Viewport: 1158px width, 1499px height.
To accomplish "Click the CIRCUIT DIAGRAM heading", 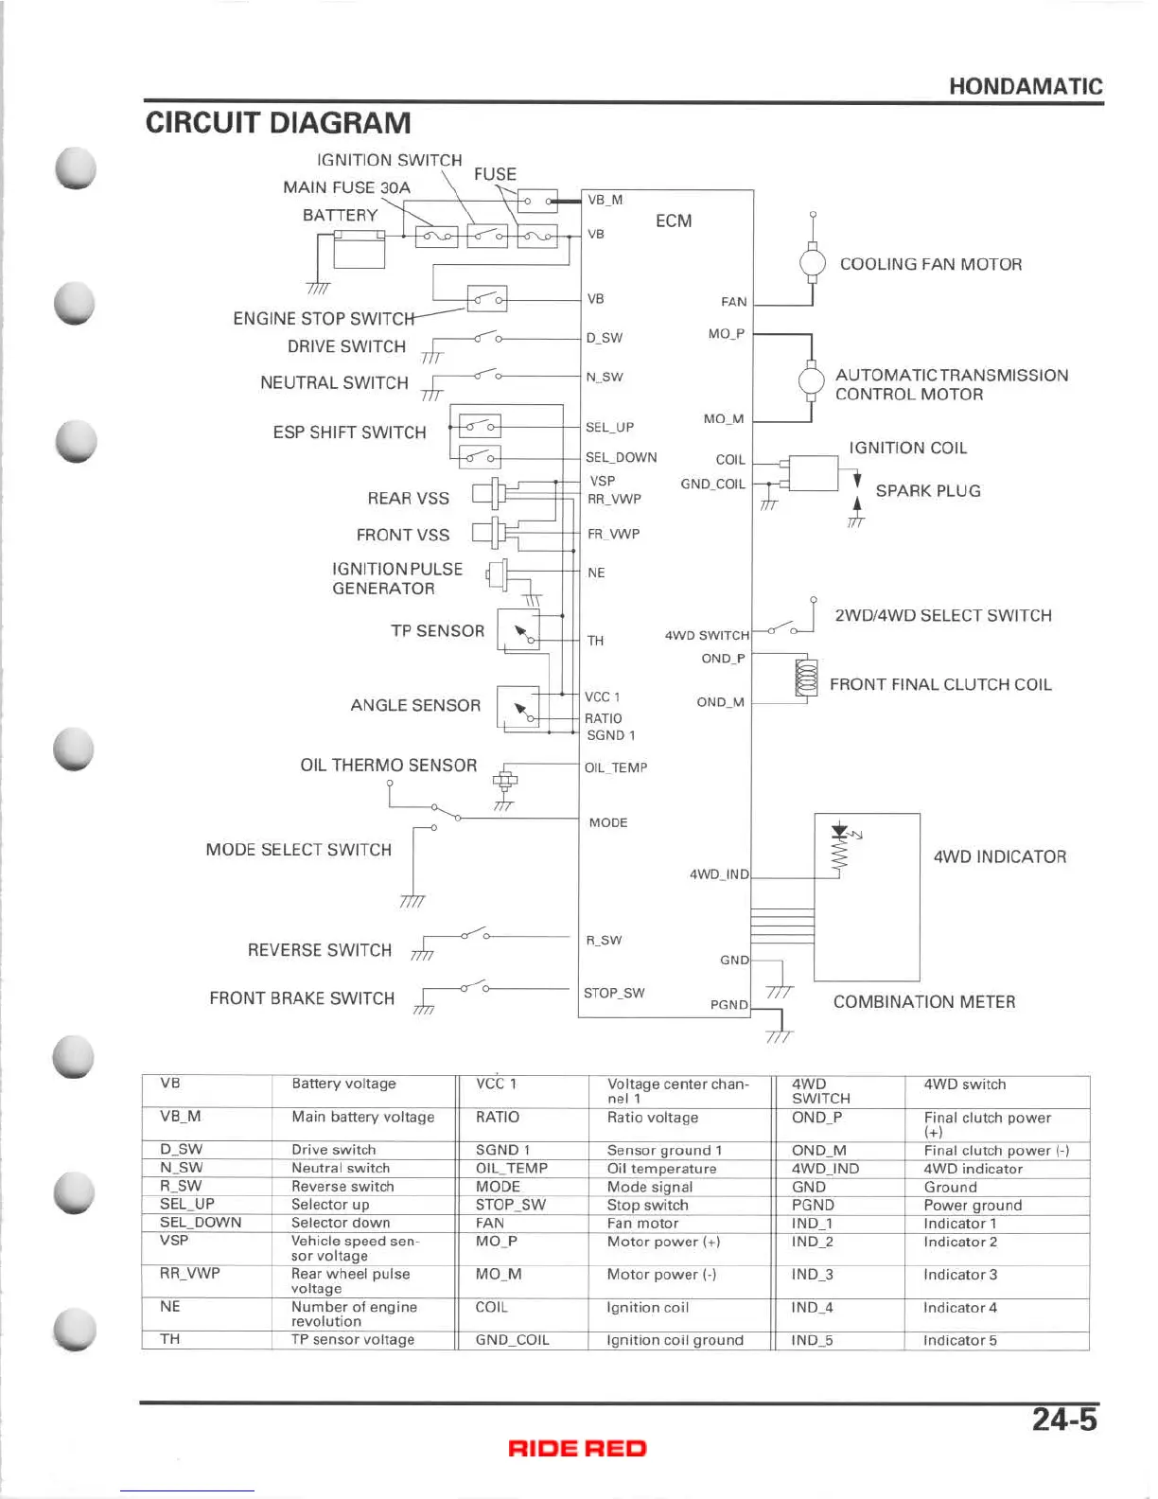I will pos(278,123).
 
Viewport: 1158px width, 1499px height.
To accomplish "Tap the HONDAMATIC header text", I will pos(1026,87).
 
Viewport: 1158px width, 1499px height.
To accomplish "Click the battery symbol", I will pos(360,248).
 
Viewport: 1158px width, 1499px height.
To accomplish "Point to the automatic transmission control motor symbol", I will pos(812,381).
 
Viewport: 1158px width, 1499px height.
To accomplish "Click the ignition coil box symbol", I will pos(813,473).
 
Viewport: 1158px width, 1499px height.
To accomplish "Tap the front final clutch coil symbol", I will pos(807,679).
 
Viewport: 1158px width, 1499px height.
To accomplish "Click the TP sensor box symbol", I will pos(518,630).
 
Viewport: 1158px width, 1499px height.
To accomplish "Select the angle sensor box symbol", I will pos(518,709).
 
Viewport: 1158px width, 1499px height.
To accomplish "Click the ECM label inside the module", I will pos(674,220).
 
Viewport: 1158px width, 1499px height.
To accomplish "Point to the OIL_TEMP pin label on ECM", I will pos(616,767).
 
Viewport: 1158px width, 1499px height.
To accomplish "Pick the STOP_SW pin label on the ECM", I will pos(614,993).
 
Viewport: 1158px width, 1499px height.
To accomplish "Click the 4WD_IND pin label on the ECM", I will pos(719,874).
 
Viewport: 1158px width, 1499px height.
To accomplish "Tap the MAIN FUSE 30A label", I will pos(346,187).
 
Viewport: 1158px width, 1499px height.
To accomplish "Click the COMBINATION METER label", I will pos(923,1002).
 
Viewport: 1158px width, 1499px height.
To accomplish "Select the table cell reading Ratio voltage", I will pos(653,1118).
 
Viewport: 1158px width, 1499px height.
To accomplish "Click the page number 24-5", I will pos(1064,1420).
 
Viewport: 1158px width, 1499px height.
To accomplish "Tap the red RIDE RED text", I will pos(577,1448).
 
